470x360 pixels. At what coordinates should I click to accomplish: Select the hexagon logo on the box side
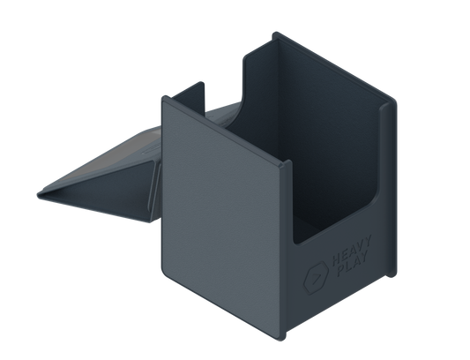click(x=316, y=278)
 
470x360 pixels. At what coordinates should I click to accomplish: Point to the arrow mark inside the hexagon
click(x=315, y=278)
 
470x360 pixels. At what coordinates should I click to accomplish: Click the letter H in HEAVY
click(x=336, y=259)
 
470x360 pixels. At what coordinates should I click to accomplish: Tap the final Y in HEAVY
click(x=368, y=242)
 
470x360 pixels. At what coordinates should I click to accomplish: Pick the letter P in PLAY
click(x=341, y=271)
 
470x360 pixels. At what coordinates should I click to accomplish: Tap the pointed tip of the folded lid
click(x=39, y=195)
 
